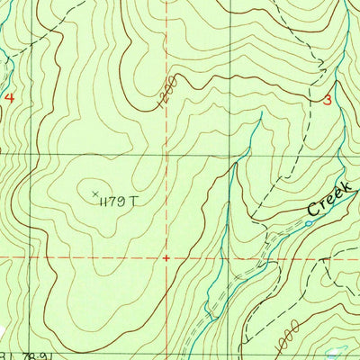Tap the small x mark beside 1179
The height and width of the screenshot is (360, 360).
click(x=95, y=192)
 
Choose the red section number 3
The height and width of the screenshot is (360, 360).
click(x=328, y=102)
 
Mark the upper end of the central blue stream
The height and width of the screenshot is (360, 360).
click(x=259, y=115)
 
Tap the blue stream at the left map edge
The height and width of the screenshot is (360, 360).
click(x=4, y=68)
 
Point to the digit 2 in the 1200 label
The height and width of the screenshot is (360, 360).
click(x=164, y=100)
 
